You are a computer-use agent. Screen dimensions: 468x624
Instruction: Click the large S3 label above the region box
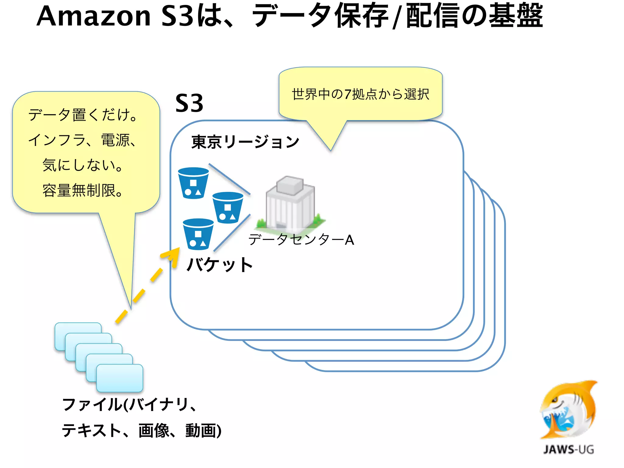pos(189,103)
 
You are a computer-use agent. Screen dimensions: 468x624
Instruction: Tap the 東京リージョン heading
pos(245,142)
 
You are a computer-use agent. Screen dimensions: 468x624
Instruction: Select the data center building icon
pos(290,203)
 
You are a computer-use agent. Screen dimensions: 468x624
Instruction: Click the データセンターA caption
pos(301,239)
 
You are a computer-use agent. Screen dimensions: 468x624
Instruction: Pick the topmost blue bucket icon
pos(193,183)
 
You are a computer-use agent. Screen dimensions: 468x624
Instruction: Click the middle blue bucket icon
pos(228,207)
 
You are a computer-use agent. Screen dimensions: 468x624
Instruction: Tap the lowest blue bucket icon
pos(198,234)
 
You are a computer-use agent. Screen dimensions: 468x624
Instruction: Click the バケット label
pos(220,264)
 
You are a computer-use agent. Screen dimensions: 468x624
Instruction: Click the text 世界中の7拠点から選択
pos(360,94)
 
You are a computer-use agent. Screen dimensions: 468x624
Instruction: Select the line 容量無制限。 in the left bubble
pos(83,190)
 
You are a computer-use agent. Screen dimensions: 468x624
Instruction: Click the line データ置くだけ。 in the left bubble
pos(83,115)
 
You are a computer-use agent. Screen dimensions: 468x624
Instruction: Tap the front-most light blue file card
pos(120,378)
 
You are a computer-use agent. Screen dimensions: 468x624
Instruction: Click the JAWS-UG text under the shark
pos(569,449)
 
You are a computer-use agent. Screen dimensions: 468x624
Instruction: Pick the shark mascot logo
pos(568,410)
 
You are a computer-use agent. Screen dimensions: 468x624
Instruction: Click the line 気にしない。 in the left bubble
pos(83,165)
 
